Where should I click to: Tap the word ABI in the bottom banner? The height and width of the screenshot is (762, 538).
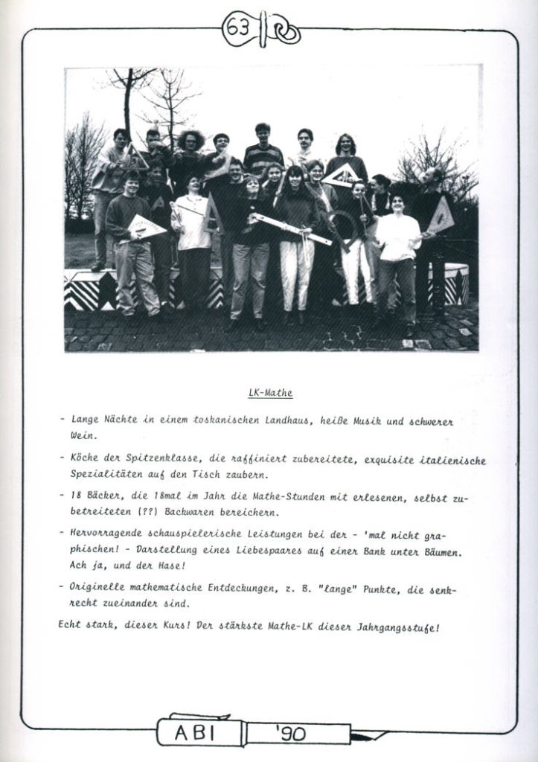(196, 733)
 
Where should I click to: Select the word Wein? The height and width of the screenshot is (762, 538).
(83, 436)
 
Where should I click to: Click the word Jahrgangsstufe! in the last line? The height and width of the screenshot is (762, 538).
(400, 627)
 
